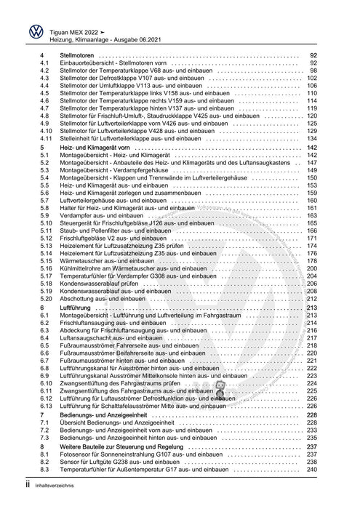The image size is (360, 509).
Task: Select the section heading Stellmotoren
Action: (x=80, y=56)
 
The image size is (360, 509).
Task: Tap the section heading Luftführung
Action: (x=76, y=308)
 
